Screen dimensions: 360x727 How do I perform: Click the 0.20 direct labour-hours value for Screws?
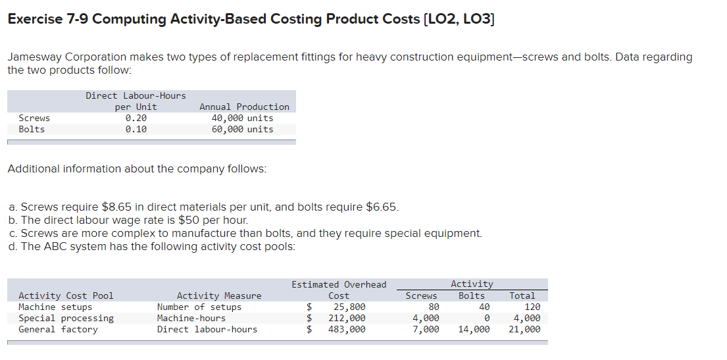tap(136, 118)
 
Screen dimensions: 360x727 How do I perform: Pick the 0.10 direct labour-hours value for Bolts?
tap(136, 129)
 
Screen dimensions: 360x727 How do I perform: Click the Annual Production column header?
tap(244, 107)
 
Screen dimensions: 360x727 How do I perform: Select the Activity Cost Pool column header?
tap(66, 296)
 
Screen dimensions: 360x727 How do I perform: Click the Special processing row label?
tap(66, 319)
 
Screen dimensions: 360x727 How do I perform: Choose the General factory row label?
tap(58, 330)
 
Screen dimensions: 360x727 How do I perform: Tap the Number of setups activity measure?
tap(199, 307)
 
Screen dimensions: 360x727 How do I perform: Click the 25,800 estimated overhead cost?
tap(349, 307)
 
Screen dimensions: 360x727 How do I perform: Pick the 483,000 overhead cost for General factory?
tap(347, 330)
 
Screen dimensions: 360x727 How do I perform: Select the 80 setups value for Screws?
tap(433, 307)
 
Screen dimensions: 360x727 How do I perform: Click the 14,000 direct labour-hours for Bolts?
tap(474, 330)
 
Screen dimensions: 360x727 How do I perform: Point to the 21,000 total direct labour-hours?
tap(524, 330)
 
